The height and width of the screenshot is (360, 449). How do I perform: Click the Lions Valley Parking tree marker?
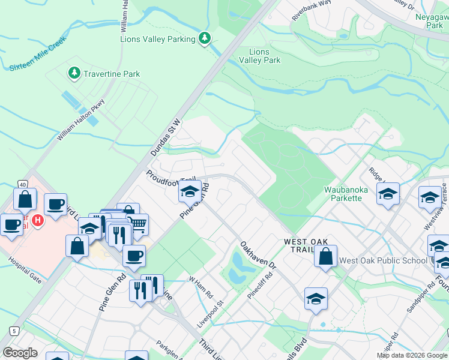click(205, 38)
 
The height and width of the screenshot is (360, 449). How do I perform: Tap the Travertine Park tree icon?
click(74, 73)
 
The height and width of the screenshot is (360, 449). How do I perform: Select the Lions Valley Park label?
click(260, 56)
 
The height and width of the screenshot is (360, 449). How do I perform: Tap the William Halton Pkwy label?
click(81, 120)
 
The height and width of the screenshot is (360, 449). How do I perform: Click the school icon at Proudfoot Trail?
click(190, 192)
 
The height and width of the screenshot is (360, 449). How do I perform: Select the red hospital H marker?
click(38, 220)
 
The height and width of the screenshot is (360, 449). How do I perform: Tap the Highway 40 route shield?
click(22, 184)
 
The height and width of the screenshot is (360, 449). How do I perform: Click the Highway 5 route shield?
click(13, 330)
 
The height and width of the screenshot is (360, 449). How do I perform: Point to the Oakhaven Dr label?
click(258, 255)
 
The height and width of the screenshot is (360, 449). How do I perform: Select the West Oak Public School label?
click(382, 260)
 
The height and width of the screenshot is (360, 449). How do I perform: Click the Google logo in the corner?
click(20, 353)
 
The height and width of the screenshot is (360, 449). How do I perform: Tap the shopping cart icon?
click(138, 226)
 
